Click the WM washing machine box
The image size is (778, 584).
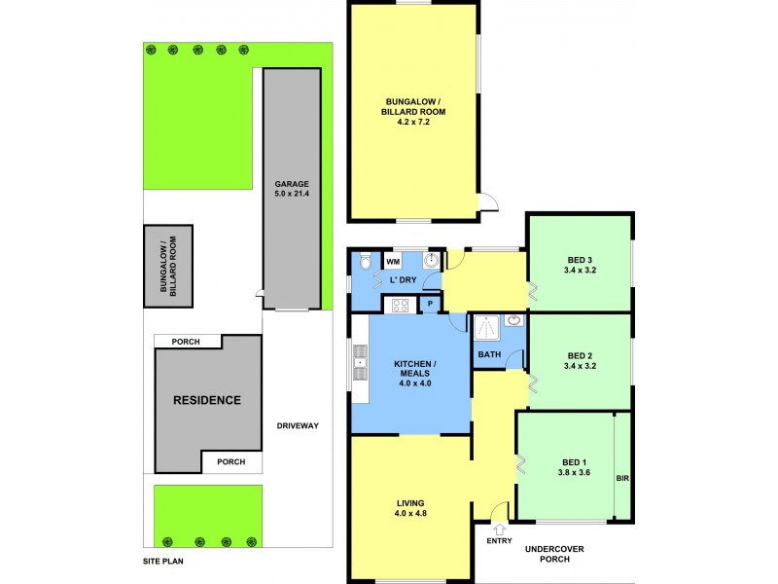393,262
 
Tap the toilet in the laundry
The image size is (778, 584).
363,261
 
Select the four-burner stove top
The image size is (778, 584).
399,306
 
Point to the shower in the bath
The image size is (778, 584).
485,327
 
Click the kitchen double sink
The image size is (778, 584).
360,366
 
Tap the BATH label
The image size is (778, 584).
488,355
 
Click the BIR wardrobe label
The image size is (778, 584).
622,479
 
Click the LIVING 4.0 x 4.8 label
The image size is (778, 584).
410,507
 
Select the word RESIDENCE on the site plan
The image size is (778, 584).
206,400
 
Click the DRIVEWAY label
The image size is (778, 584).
298,426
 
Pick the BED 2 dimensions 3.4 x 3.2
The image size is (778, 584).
579,367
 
